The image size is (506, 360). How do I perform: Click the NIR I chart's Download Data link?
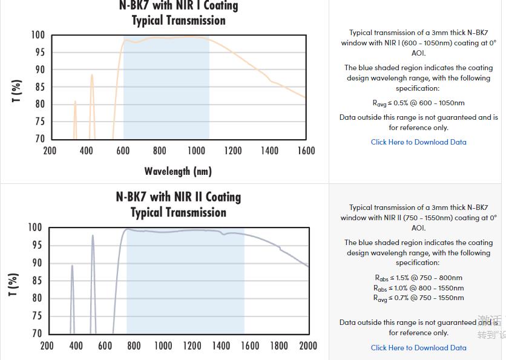[x=418, y=142]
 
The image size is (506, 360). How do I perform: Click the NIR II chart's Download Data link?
[x=418, y=348]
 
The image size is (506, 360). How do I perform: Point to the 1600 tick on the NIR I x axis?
[x=305, y=151]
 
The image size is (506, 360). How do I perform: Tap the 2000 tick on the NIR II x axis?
[x=308, y=345]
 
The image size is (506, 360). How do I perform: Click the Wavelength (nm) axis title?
[x=178, y=171]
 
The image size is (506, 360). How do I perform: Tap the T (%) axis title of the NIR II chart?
[x=13, y=284]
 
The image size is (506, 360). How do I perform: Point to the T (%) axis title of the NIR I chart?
[x=17, y=91]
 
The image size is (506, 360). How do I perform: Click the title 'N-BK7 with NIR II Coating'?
[x=179, y=197]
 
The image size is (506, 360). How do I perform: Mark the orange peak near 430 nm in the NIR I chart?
[x=92, y=76]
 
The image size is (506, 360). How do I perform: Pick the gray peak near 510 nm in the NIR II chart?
[x=93, y=236]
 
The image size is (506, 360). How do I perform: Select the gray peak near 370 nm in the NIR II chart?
[x=72, y=266]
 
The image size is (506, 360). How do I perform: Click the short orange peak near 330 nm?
[x=75, y=102]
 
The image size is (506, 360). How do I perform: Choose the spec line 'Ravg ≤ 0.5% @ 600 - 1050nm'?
[x=418, y=103]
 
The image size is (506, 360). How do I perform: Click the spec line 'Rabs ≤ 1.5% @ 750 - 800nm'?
[x=418, y=278]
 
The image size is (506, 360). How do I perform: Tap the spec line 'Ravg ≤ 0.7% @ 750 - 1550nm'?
[x=418, y=298]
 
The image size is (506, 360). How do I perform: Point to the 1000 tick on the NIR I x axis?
[x=196, y=151]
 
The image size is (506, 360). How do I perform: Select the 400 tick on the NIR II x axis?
[x=76, y=345]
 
